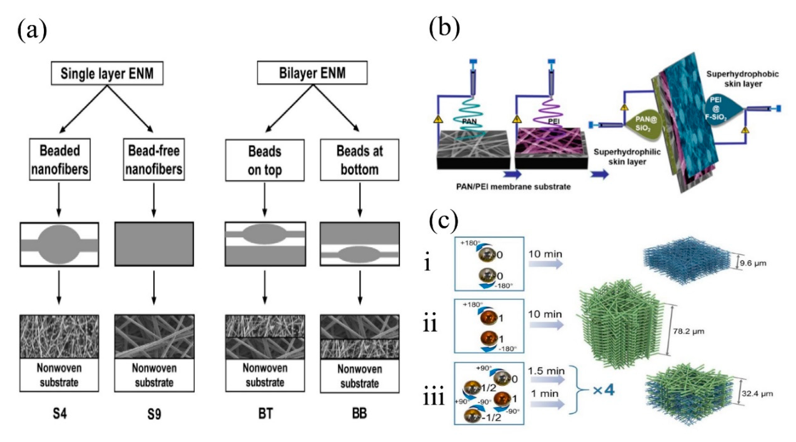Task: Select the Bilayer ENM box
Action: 312,73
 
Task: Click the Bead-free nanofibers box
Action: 154,159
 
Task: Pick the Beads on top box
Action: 264,160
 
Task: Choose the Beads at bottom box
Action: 359,160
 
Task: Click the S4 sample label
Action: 59,413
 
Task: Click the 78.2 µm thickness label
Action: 688,332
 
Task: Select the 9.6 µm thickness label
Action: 753,263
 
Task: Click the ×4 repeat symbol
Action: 603,391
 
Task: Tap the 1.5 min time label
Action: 546,371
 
